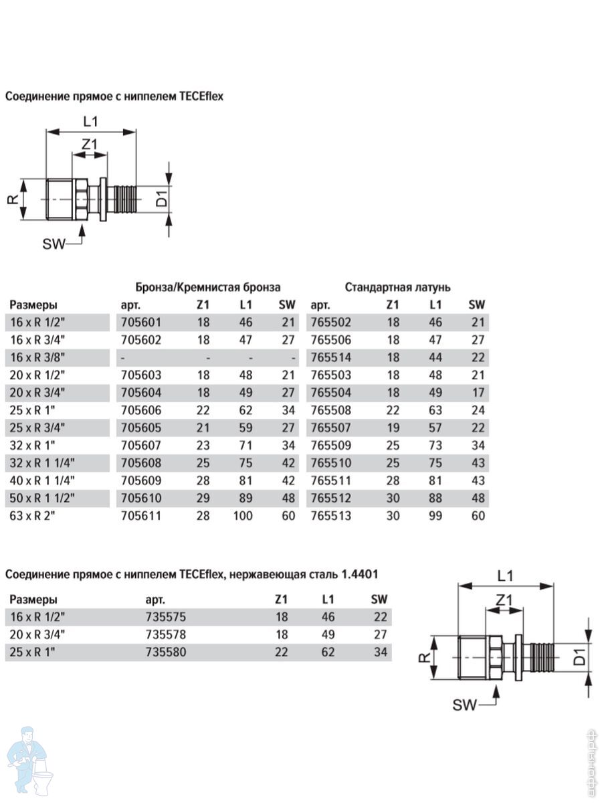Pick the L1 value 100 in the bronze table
pos(245,515)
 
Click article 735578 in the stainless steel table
pos(165,634)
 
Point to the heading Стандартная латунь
pos(397,287)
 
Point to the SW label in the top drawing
pos(54,244)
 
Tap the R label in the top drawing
pos(12,199)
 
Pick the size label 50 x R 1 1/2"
pos(42,498)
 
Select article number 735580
pos(165,651)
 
